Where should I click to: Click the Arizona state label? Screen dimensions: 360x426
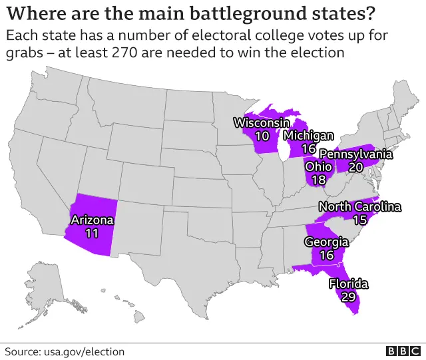click(93, 220)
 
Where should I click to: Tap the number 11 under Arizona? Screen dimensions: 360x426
click(93, 233)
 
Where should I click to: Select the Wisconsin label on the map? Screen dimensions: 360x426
click(261, 122)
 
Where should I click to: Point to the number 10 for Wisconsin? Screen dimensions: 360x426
click(262, 136)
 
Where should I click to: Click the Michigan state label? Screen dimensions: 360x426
click(308, 136)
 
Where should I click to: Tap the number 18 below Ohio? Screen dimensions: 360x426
click(318, 180)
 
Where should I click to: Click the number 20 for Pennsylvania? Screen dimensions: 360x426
click(356, 168)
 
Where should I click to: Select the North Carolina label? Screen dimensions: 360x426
click(360, 207)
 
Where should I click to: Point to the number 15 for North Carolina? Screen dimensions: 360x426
click(360, 220)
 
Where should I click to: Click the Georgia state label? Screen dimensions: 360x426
click(326, 242)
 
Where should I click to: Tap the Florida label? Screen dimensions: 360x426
click(348, 284)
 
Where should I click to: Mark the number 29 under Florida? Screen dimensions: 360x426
click(348, 297)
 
